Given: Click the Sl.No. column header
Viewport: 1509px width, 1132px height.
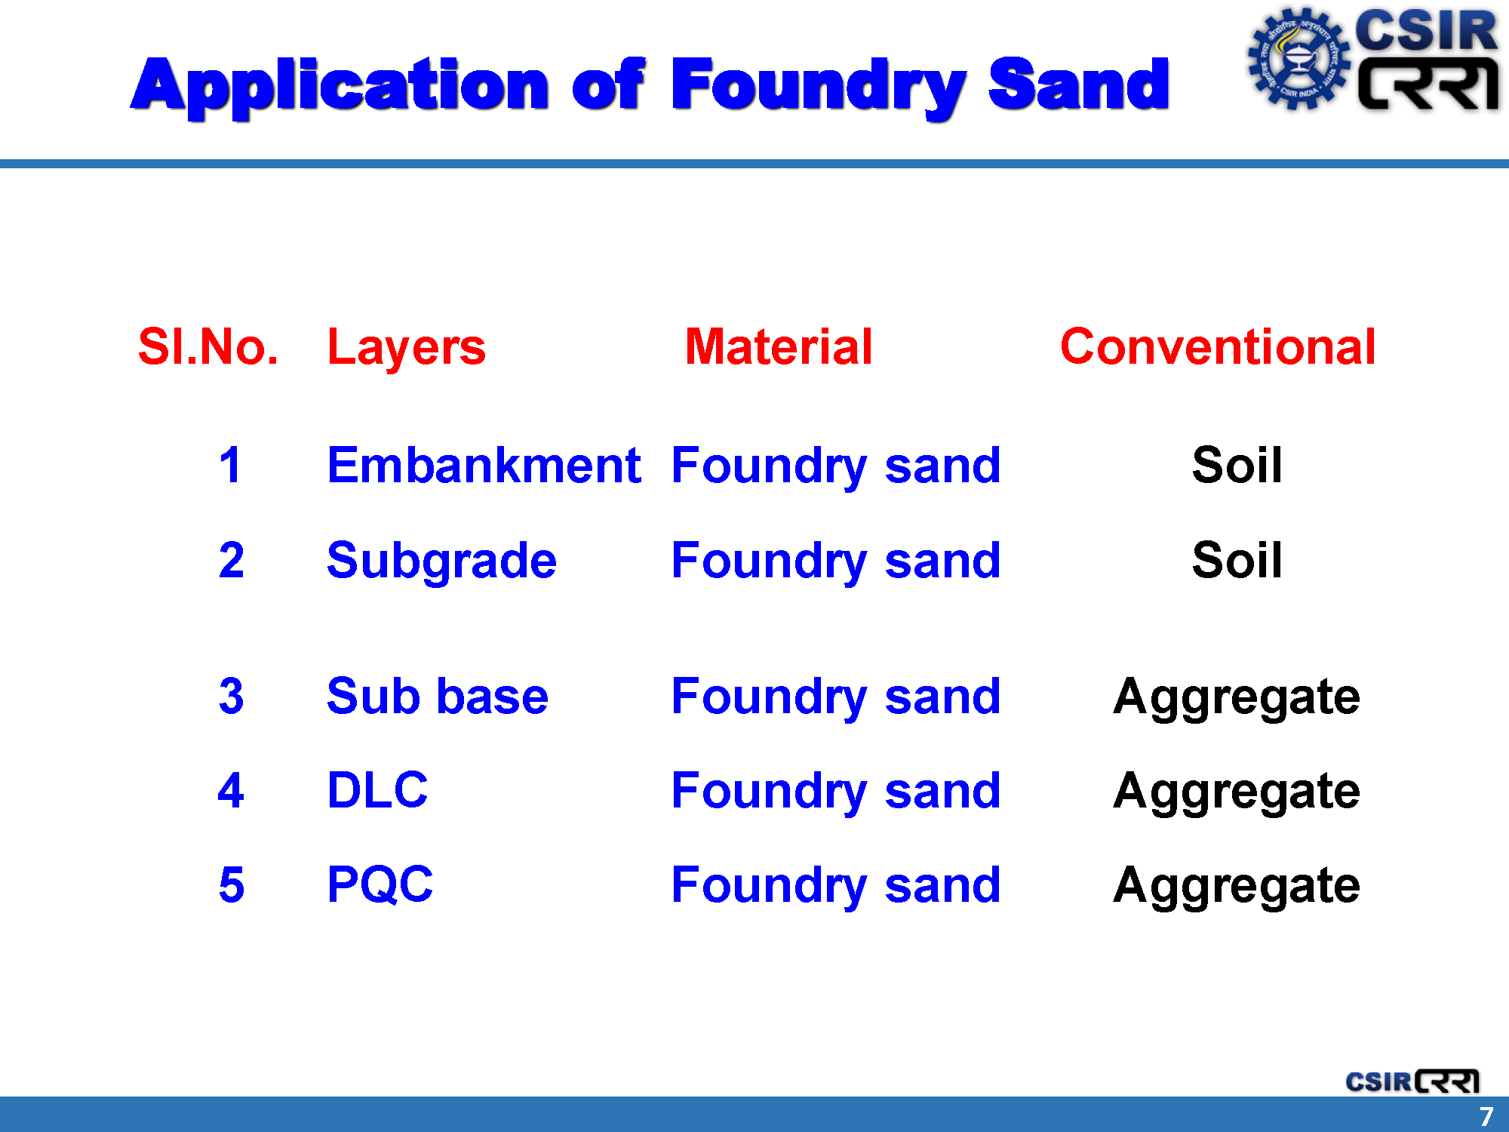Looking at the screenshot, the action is pyautogui.click(x=208, y=347).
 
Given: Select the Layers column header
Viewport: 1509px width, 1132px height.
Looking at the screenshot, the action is pyautogui.click(x=407, y=349).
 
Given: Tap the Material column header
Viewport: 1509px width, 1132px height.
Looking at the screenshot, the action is pyautogui.click(x=779, y=347).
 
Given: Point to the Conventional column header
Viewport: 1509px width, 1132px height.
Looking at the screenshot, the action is pyautogui.click(x=1218, y=347).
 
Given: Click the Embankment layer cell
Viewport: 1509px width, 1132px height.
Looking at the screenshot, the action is pyautogui.click(x=484, y=465).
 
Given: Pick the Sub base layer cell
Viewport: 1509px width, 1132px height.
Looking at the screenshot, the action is pyautogui.click(x=438, y=696).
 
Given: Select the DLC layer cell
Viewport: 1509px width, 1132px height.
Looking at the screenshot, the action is pyautogui.click(x=377, y=790).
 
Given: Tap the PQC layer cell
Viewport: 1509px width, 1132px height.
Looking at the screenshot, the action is pyautogui.click(x=380, y=884).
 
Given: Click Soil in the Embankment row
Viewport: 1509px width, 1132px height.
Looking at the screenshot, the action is pyautogui.click(x=1237, y=465).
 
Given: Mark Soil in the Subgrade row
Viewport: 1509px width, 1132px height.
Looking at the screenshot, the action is pyautogui.click(x=1237, y=560).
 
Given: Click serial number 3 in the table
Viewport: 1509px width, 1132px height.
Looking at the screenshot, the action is pyautogui.click(x=232, y=696).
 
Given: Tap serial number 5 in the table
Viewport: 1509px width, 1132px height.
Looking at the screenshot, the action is pyautogui.click(x=232, y=884).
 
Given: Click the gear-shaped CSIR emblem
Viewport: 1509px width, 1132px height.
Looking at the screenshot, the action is pyautogui.click(x=1298, y=59).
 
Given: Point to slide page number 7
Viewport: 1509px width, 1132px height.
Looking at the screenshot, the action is pyautogui.click(x=1486, y=1116).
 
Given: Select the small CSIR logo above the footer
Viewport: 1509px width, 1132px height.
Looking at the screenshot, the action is pyautogui.click(x=1412, y=1081).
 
